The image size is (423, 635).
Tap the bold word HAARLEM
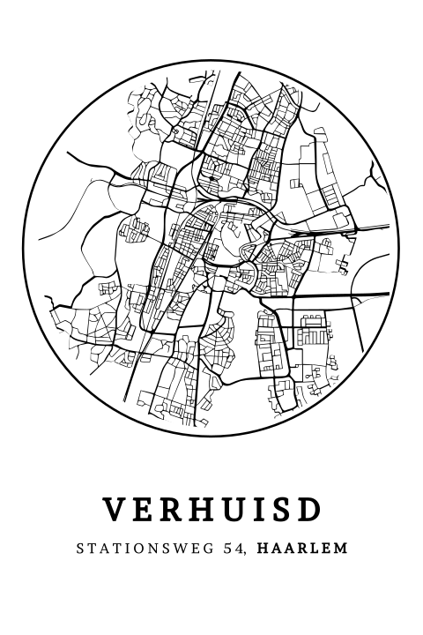(x=302, y=549)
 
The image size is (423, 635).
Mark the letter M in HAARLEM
(x=341, y=549)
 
